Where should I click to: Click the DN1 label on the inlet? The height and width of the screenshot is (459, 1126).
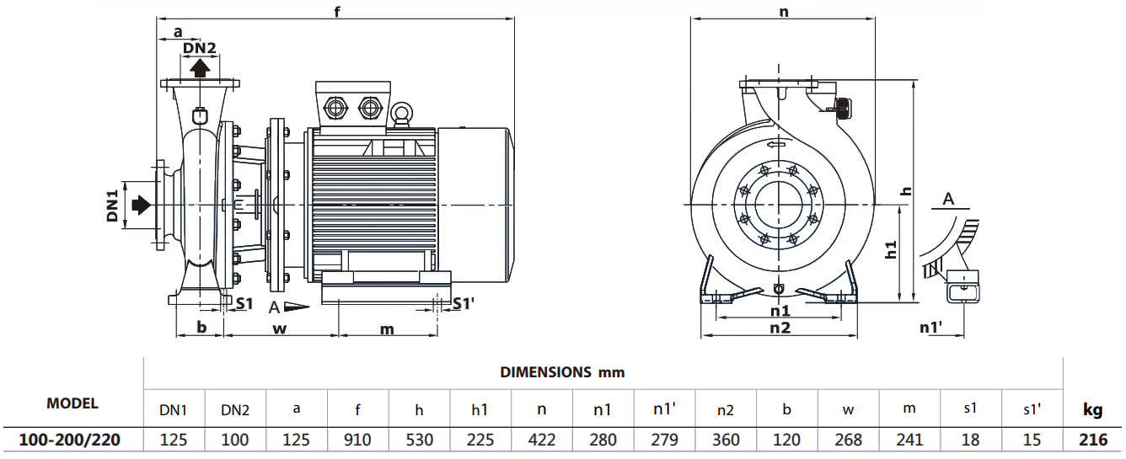click(x=111, y=205)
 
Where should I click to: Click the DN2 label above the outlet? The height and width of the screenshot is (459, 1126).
click(x=200, y=48)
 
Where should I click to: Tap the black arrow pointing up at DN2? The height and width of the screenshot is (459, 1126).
click(x=200, y=67)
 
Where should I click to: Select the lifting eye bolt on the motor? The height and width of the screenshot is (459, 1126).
click(x=400, y=115)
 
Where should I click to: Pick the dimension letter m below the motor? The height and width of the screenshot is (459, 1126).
click(x=386, y=328)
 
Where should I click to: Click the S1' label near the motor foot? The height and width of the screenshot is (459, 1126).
click(x=464, y=303)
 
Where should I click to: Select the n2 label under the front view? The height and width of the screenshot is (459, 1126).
click(x=780, y=328)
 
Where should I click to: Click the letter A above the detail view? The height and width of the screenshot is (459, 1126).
click(x=949, y=199)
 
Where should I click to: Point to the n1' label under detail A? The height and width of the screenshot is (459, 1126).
click(x=930, y=327)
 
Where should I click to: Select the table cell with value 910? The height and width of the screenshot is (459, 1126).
click(x=357, y=440)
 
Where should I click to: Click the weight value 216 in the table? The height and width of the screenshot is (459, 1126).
click(x=1092, y=440)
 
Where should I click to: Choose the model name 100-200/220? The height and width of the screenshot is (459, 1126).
click(x=72, y=440)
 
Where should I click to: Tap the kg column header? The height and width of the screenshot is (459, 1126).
click(x=1092, y=410)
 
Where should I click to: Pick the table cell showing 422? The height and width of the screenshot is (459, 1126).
click(x=541, y=440)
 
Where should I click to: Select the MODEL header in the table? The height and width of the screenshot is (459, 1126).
click(x=72, y=403)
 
